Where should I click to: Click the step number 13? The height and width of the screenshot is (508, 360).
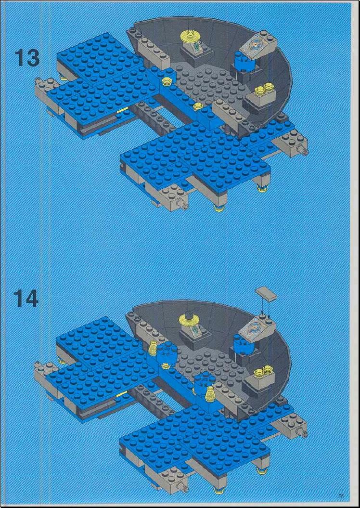[x=27, y=59]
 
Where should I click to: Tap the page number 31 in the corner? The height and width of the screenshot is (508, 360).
[x=341, y=496]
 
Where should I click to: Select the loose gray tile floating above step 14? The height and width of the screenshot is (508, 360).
[x=266, y=293]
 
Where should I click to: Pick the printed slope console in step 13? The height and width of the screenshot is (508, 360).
[x=261, y=45]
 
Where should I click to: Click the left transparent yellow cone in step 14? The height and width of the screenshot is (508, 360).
[x=153, y=348]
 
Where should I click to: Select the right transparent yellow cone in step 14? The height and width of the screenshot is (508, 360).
[x=210, y=392]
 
